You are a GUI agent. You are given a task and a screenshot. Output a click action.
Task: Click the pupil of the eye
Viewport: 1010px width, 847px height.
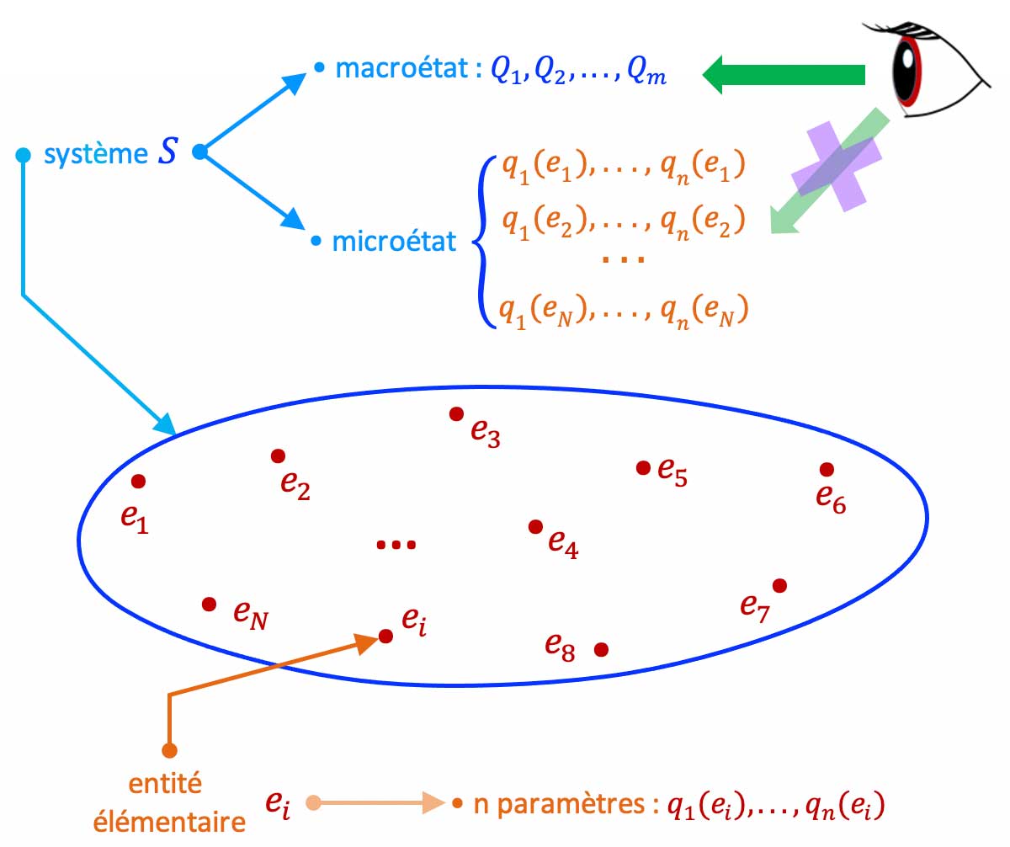point(906,64)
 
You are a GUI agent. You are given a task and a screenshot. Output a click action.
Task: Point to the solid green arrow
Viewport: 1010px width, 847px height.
point(783,74)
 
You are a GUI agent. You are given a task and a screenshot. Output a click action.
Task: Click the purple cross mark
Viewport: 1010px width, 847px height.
point(837,165)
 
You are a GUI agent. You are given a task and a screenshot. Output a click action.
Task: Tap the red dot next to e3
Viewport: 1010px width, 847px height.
point(456,413)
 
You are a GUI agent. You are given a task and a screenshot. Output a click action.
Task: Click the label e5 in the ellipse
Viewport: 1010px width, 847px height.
point(673,472)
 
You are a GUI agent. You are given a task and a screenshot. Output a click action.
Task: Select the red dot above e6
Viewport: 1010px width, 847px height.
point(827,469)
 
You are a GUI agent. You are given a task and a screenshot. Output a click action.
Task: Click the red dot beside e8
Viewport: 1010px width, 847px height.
point(601,649)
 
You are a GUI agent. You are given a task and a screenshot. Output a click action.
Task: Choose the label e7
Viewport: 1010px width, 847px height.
point(755,606)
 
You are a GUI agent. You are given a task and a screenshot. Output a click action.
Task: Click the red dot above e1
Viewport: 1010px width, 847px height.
point(139,481)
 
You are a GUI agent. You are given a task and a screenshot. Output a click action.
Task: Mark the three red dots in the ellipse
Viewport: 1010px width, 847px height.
point(396,546)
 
